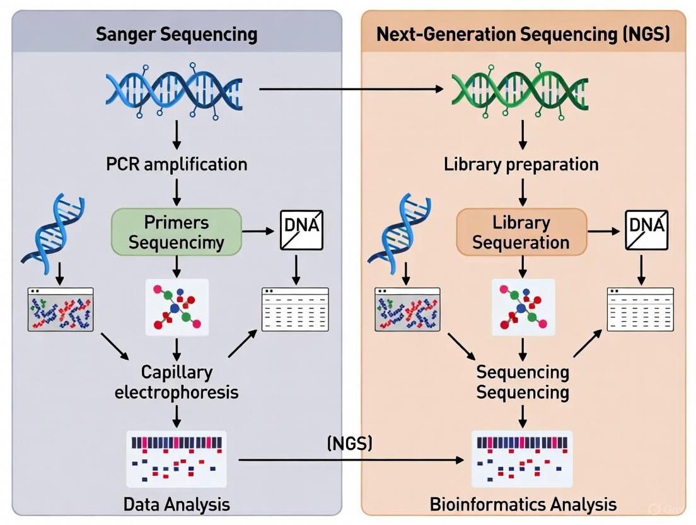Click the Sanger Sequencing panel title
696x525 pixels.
point(177,33)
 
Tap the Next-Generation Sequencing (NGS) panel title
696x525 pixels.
point(523,33)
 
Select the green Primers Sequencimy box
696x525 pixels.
point(177,232)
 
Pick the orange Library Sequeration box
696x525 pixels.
point(521,232)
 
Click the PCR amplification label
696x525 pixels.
point(177,165)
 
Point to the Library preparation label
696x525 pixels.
point(521,165)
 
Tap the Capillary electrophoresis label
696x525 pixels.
point(177,382)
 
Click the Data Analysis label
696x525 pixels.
point(177,504)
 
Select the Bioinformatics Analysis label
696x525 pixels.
point(523,504)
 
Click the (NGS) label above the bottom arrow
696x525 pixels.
point(350,443)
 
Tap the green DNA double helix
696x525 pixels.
point(521,90)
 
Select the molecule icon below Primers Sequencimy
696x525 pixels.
point(177,307)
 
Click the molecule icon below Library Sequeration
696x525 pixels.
point(523,307)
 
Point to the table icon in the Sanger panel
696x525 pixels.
point(295,309)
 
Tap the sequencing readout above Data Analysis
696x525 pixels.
point(177,459)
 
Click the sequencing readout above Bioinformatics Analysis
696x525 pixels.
point(523,459)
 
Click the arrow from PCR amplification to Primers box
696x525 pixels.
point(177,191)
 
